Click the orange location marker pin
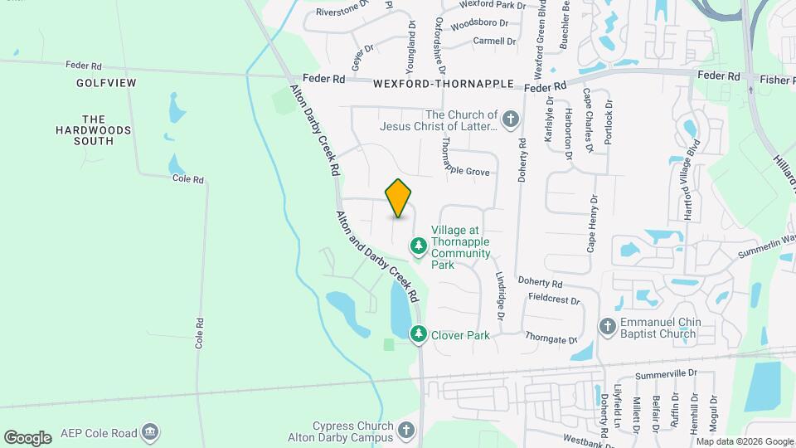pyautogui.click(x=399, y=197)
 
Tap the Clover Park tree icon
pyautogui.click(x=419, y=334)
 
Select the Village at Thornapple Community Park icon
pyautogui.click(x=419, y=246)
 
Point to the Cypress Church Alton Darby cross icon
pyautogui.click(x=405, y=431)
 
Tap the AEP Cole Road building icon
pyautogui.click(x=150, y=432)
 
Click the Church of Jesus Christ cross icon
pyautogui.click(x=510, y=120)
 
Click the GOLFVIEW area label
pyautogui.click(x=106, y=84)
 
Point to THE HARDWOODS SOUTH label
pyautogui.click(x=96, y=130)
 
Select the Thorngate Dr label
pyautogui.click(x=551, y=338)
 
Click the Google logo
pyautogui.click(x=27, y=437)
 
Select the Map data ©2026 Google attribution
pyautogui.click(x=743, y=441)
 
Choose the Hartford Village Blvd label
pyautogui.click(x=687, y=190)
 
